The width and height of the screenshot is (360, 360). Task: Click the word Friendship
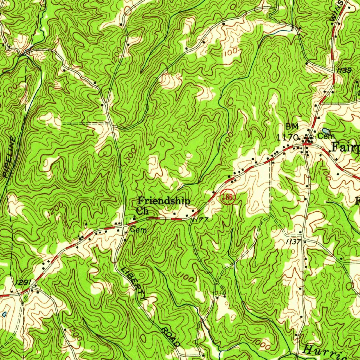tap(164, 201)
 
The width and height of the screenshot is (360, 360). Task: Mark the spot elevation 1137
tap(293, 242)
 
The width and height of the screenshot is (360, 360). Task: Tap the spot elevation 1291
tap(24, 282)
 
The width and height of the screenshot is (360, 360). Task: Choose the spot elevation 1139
tap(343, 71)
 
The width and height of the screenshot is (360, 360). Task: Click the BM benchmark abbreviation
tap(291, 126)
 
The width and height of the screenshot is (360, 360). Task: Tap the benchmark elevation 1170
tap(288, 137)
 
